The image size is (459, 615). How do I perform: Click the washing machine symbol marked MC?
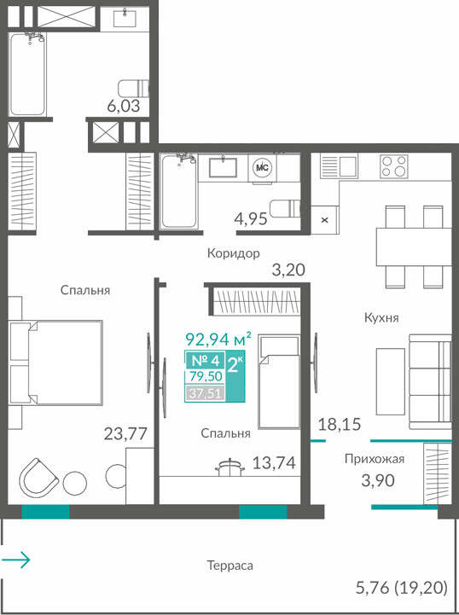click(262, 168)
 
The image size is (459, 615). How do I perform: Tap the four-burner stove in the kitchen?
click(393, 166)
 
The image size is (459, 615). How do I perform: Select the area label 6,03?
click(124, 106)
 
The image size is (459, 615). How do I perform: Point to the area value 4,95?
click(251, 218)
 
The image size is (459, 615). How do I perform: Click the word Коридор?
click(234, 253)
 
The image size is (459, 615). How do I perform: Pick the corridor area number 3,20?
click(288, 270)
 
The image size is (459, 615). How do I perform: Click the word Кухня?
click(381, 317)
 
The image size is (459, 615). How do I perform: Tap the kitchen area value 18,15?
click(340, 424)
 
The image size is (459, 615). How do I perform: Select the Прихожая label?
click(375, 459)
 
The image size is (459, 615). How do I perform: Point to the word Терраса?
click(229, 566)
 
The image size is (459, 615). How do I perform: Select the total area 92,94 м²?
click(218, 339)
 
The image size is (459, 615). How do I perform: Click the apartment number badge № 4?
click(205, 360)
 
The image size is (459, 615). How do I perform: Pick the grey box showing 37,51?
click(205, 393)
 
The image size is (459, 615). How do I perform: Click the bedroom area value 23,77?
click(125, 434)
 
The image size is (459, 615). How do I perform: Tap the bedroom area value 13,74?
click(274, 463)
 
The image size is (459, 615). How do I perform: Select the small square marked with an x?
click(325, 220)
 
